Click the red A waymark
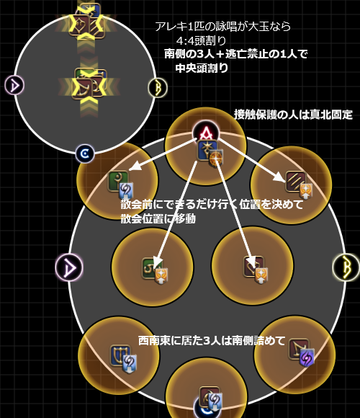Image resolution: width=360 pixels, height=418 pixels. pos(206,133)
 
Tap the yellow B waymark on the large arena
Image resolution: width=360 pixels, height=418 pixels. pos(346,267)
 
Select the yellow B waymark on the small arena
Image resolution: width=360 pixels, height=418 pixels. pos(158,88)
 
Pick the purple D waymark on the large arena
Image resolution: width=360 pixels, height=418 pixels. pos(69,267)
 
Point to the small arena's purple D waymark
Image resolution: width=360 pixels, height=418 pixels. pos(14,85)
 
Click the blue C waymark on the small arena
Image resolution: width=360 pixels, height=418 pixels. pos(85,154)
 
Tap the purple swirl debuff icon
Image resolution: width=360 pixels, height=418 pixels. pos(307,357)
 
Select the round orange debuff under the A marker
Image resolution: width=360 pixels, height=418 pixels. pos(215,159)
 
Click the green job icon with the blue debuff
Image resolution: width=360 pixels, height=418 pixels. pos(117,181)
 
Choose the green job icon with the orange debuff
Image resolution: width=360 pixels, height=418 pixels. pos(152,268)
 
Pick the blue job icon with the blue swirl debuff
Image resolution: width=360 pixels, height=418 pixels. pos(120,355)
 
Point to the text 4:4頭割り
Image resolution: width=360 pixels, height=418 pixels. pos(201,41)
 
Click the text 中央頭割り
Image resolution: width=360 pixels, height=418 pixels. pos(202,68)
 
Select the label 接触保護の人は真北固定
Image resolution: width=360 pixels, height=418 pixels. pos(293,115)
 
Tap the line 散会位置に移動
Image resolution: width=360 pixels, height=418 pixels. pos(158,218)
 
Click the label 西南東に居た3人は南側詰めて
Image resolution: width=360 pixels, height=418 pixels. pos(212,340)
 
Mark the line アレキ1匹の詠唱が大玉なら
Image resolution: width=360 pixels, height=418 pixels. pos(222,27)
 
